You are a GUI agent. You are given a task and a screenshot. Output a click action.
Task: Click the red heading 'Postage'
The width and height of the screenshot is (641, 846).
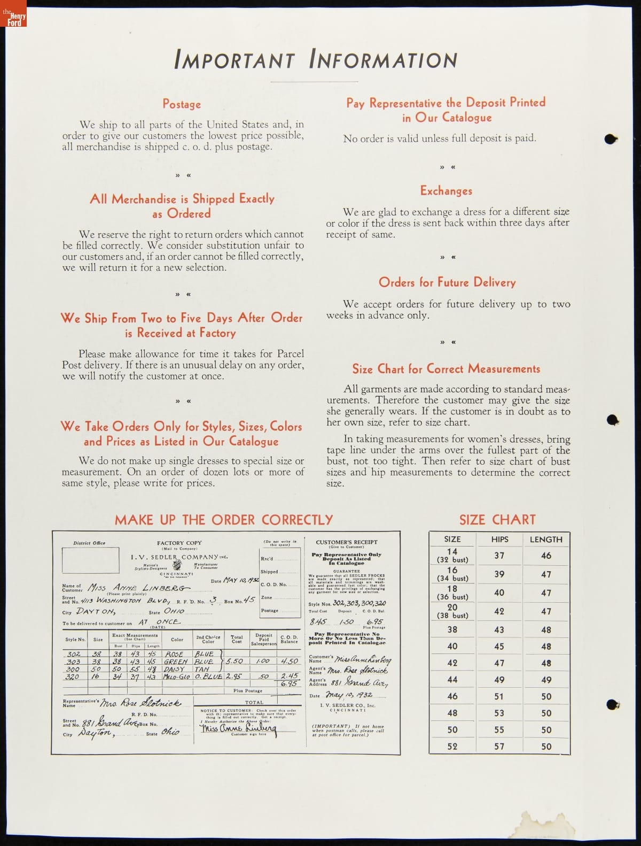182,104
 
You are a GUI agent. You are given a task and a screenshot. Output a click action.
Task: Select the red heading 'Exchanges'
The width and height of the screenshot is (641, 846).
446,191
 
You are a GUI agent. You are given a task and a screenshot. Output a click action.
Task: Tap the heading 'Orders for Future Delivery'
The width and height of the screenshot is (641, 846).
447,282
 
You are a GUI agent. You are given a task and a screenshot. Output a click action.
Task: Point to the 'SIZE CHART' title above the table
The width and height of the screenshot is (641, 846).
497,520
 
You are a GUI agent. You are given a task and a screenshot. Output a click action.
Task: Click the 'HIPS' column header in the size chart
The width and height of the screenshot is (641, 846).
499,540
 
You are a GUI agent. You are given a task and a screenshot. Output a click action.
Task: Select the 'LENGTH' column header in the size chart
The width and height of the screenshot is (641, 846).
546,540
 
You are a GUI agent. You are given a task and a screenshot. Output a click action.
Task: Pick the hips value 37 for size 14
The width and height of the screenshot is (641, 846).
499,556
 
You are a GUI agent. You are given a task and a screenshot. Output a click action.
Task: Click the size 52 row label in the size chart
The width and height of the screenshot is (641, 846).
452,746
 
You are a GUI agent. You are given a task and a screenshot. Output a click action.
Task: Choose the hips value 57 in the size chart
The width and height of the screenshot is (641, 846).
499,746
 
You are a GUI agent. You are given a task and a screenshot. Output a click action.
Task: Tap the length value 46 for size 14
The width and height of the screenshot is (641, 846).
546,556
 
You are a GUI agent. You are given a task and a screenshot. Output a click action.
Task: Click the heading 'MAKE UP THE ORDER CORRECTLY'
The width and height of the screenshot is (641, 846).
224,520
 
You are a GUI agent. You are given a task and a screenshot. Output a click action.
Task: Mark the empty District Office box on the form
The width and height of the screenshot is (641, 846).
90,560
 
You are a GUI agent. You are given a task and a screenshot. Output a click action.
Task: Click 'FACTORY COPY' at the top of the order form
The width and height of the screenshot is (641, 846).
179,543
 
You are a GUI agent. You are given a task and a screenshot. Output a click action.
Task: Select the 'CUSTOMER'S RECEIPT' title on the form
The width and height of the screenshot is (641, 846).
346,542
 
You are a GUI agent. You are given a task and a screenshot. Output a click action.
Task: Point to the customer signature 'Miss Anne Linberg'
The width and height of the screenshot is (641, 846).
238,728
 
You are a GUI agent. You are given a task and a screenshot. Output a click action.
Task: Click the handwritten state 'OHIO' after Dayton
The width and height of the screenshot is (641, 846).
174,611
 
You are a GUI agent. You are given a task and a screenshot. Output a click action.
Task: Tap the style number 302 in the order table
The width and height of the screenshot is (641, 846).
73,654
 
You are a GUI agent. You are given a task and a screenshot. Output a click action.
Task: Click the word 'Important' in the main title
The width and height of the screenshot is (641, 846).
234,60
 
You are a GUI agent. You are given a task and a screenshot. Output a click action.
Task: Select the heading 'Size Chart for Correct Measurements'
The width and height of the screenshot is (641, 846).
446,369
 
